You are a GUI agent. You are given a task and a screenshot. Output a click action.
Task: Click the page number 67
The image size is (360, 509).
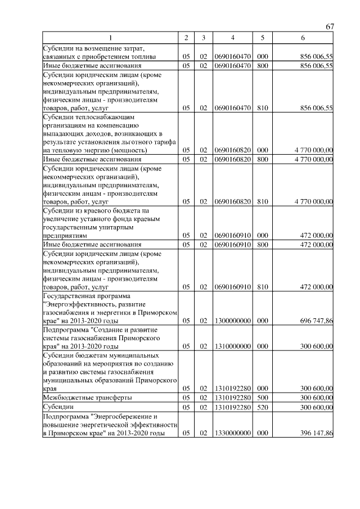tap(330, 27)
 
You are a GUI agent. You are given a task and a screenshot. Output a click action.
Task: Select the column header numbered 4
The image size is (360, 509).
tap(232, 38)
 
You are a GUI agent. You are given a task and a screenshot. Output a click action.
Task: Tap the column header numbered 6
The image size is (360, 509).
tap(303, 38)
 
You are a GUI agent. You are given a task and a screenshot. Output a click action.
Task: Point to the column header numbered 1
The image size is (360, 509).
tap(110, 38)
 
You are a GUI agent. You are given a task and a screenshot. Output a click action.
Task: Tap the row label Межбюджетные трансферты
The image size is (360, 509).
tap(79, 397)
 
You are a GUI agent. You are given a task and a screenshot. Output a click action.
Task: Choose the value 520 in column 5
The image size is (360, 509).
tap(262, 407)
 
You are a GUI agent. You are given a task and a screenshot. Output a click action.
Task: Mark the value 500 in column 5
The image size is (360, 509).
tap(262, 397)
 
